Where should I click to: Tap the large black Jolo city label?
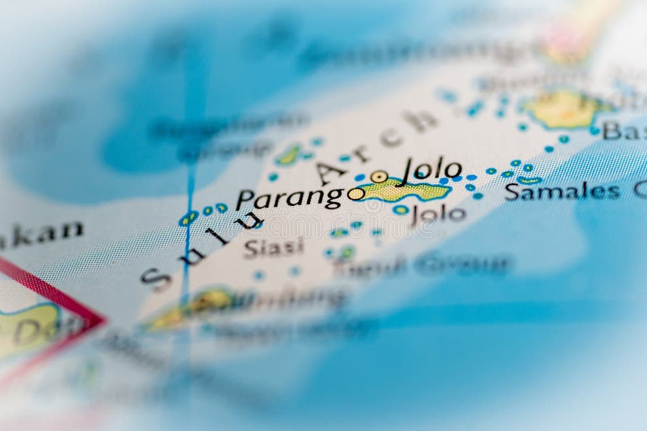pos(432,171)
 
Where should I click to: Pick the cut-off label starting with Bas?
pos(624,131)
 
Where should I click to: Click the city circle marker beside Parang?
pos(355,194)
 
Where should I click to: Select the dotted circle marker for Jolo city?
pos(379,176)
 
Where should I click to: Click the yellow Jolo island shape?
pos(404,190)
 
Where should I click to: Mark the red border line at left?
pos(52,287)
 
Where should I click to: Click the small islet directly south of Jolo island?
pos(400,209)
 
